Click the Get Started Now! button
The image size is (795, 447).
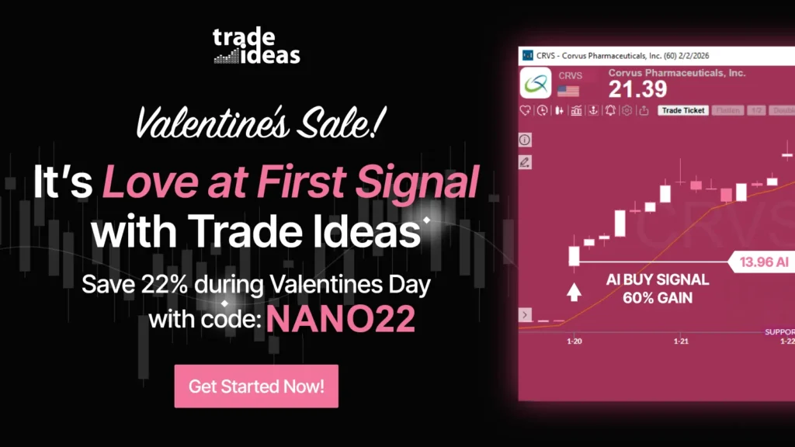pyautogui.click(x=256, y=386)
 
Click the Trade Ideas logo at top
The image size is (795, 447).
pyautogui.click(x=256, y=47)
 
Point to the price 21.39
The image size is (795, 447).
pyautogui.click(x=637, y=89)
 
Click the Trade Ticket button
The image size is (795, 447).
pyautogui.click(x=683, y=110)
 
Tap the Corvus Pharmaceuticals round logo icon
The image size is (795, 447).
pyautogui.click(x=536, y=81)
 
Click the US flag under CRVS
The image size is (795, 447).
pyautogui.click(x=568, y=92)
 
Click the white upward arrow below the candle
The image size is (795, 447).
pyautogui.click(x=574, y=293)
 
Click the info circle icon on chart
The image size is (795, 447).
pyautogui.click(x=525, y=140)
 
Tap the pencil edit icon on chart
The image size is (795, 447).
pyautogui.click(x=525, y=162)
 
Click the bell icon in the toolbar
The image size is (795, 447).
pyautogui.click(x=610, y=110)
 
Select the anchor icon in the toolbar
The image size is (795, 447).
pyautogui.click(x=593, y=110)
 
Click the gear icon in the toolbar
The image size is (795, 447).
pyautogui.click(x=627, y=110)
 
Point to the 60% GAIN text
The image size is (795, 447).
pyautogui.click(x=657, y=296)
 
